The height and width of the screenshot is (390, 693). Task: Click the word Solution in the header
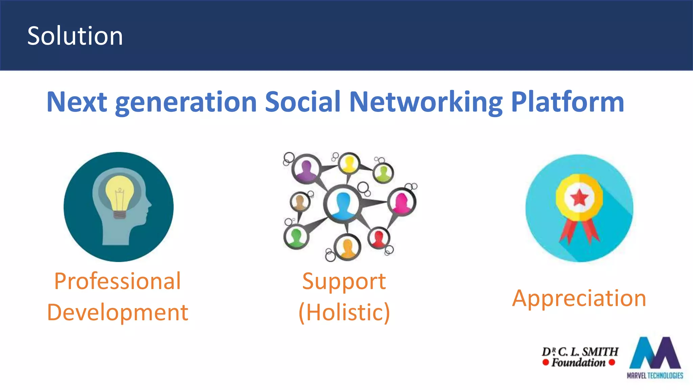point(75,36)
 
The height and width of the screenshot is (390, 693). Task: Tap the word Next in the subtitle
point(77,102)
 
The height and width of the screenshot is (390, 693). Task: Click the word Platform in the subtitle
point(567,102)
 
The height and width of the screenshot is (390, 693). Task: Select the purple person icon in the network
point(306,168)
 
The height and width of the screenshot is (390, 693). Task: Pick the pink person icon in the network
point(402,202)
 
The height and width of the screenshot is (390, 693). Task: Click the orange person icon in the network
point(348,247)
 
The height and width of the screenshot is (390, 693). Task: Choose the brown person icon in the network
point(299,202)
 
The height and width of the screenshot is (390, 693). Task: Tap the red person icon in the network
point(379,237)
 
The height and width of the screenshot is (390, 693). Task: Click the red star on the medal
point(580,197)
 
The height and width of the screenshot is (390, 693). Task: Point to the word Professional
point(118,281)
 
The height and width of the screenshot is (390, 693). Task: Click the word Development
point(118,312)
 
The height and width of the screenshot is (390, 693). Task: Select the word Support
point(344,281)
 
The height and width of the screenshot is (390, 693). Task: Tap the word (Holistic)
point(344,312)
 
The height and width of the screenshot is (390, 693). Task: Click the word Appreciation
point(579,298)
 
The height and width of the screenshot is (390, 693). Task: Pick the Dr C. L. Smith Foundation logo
point(580,357)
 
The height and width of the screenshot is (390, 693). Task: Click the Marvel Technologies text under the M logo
point(655,375)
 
